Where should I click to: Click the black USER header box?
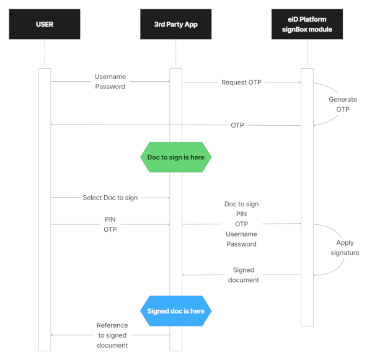click(45, 24)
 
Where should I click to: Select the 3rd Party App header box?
click(175, 24)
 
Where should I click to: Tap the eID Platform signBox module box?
click(307, 24)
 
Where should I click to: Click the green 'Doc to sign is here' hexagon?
click(175, 157)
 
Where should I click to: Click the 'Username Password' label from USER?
click(110, 82)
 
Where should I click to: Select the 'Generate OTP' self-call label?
click(343, 104)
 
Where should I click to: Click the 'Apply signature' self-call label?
click(345, 248)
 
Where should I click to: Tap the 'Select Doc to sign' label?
click(110, 198)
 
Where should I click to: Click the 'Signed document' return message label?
click(243, 275)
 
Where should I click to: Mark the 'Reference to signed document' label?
click(112, 335)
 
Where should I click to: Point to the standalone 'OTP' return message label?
click(237, 125)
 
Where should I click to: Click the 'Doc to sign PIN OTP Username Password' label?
click(241, 224)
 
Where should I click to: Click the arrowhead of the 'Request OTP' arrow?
click(299, 82)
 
